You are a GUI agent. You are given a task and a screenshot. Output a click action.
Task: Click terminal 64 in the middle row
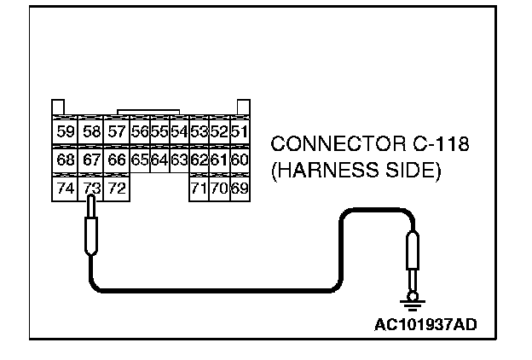pyautogui.click(x=159, y=160)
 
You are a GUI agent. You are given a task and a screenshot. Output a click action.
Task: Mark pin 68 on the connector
pyautogui.click(x=65, y=160)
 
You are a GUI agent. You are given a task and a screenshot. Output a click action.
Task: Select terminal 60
pyautogui.click(x=240, y=160)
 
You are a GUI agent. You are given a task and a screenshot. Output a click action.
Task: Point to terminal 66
pyautogui.click(x=116, y=160)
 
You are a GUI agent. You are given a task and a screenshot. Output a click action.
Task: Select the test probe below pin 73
pyautogui.click(x=90, y=232)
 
